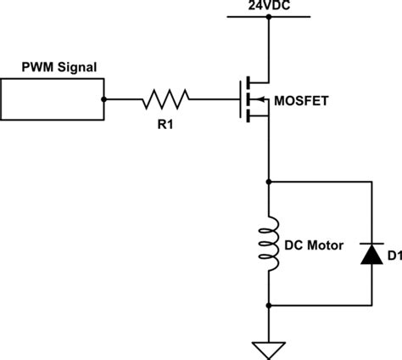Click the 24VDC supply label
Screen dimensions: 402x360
click(269, 5)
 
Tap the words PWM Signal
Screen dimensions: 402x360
click(59, 67)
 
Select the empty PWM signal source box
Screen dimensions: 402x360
click(53, 79)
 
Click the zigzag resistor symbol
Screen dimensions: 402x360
click(165, 99)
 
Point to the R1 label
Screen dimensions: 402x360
click(165, 124)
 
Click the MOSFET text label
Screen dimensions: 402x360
click(301, 101)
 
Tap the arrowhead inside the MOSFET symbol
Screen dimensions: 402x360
click(261, 99)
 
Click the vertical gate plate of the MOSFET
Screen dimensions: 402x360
click(241, 99)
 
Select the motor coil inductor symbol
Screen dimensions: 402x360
click(269, 244)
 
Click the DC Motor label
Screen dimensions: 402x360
click(314, 245)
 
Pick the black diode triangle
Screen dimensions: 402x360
click(371, 254)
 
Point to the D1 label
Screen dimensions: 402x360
click(394, 256)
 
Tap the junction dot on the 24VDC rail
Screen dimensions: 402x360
click(269, 17)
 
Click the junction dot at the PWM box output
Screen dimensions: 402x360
click(104, 99)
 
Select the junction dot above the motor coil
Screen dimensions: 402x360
click(269, 182)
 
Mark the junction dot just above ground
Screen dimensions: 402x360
click(269, 306)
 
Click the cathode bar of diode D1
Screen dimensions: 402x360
click(371, 244)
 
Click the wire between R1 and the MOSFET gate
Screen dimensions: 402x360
click(215, 99)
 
